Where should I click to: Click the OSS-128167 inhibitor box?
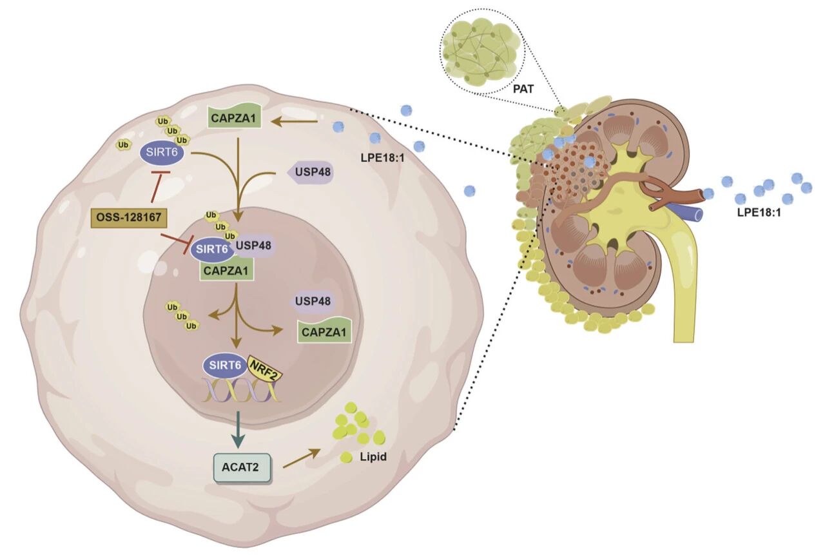130,217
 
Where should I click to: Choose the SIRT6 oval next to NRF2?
223,365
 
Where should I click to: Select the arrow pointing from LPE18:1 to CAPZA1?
294,120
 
